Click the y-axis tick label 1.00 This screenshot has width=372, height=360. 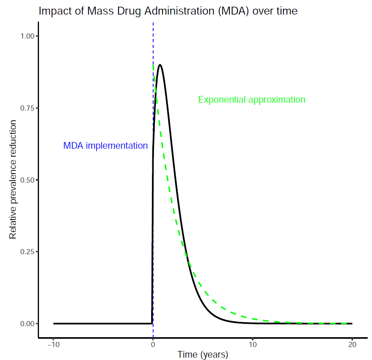click(28, 36)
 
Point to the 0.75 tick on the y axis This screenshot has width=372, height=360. click(28, 108)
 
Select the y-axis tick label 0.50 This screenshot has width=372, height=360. click(28, 180)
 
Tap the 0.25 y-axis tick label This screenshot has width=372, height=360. click(28, 252)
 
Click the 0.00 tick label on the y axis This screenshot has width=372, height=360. click(28, 323)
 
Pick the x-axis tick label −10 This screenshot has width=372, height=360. click(53, 345)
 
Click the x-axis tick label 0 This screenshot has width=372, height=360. click(153, 345)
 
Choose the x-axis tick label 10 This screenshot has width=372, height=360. click(252, 345)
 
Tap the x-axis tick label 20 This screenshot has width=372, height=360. click(352, 345)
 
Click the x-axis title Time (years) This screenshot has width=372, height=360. click(203, 354)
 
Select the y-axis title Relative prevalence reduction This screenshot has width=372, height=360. click(13, 180)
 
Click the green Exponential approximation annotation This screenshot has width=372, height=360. click(252, 100)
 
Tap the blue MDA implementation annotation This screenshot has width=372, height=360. click(105, 146)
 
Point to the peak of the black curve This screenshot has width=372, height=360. click(160, 65)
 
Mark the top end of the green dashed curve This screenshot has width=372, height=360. click(153, 65)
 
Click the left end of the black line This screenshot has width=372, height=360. click(54, 323)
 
